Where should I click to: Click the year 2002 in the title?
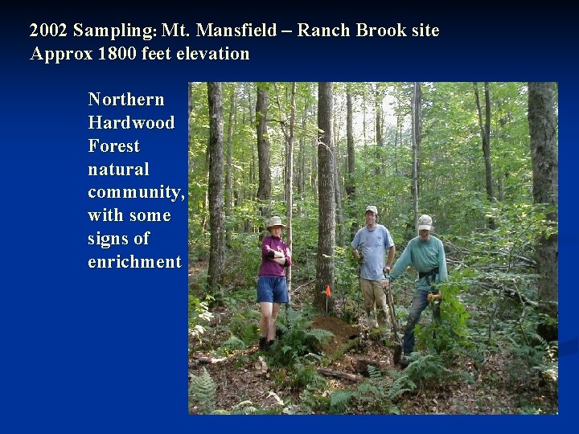coord(48,31)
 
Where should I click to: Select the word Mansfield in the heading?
coord(249,31)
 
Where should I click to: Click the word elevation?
coord(211,55)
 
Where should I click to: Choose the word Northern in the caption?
coord(126,100)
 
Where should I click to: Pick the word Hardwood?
coord(131,123)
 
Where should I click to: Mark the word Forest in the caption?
coord(114,146)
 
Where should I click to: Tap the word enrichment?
coord(134,262)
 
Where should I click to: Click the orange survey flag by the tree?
coord(328,291)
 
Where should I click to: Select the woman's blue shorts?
coord(273,289)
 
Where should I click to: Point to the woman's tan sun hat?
coord(276,222)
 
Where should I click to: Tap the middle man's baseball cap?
coord(371,210)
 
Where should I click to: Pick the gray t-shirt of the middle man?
coord(373,251)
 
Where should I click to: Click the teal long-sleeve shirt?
coord(422,257)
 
